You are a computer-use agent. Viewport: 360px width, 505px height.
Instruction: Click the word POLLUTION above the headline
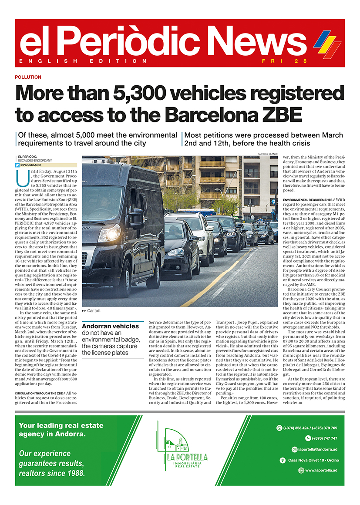tap(28, 77)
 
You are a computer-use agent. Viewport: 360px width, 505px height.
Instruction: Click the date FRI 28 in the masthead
tap(279, 61)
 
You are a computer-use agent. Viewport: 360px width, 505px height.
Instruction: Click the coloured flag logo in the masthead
tap(327, 44)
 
